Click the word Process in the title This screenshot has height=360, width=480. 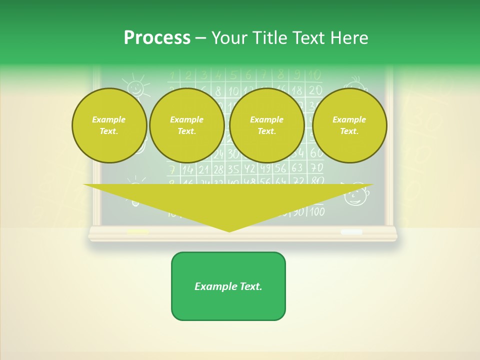click(157, 37)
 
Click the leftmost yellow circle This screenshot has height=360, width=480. click(109, 125)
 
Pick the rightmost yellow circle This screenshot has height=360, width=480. click(349, 125)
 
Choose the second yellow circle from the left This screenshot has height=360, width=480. click(186, 125)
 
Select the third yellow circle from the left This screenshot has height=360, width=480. click(266, 125)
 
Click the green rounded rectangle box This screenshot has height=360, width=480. click(228, 286)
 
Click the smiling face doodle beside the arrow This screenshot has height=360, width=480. click(356, 194)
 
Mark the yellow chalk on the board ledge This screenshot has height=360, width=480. click(137, 232)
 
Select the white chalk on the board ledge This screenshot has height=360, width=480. click(351, 232)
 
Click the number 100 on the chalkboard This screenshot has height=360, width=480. click(316, 211)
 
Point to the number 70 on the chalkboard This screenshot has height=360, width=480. click(316, 167)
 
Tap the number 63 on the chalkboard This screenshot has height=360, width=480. click(297, 168)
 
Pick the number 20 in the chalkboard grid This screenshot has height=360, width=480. click(315, 90)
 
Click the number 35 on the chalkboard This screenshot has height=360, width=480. click(233, 169)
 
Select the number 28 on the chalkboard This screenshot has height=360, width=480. click(218, 169)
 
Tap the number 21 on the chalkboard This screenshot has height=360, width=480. click(203, 169)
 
